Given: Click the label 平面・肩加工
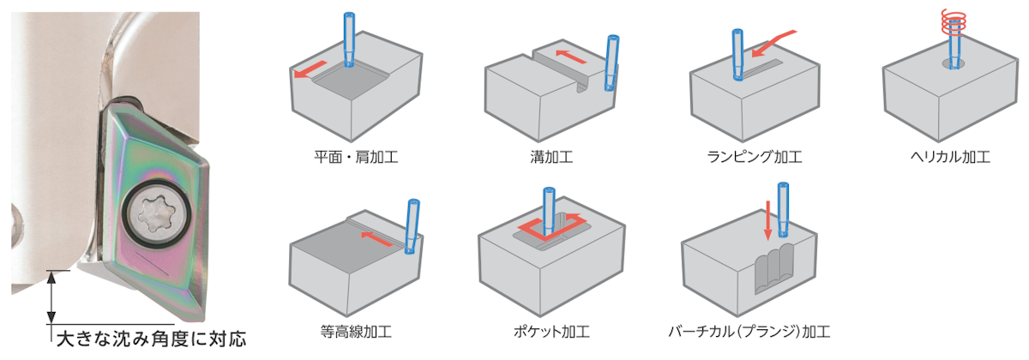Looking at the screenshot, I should pyautogui.click(x=356, y=158).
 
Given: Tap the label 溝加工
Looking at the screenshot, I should pyautogui.click(x=551, y=158).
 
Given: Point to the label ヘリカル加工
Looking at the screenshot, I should pyautogui.click(x=950, y=158).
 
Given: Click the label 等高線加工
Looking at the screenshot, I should pyautogui.click(x=356, y=331).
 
